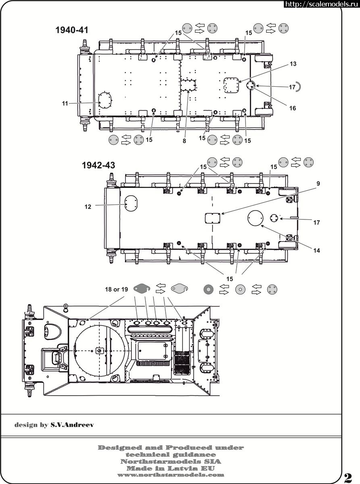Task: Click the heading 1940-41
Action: tap(72, 30)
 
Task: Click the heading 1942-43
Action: tap(98, 165)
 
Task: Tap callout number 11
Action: tap(65, 103)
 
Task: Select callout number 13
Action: tap(293, 64)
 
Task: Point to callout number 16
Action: tap(292, 108)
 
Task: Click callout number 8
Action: tap(184, 141)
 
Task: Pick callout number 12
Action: tap(88, 207)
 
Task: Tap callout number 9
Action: tap(318, 184)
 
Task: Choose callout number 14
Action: tap(316, 250)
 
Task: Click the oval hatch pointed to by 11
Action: tap(104, 100)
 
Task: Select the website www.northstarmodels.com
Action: tap(171, 475)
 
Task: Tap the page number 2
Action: tap(348, 477)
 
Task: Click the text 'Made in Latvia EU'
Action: tap(171, 468)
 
